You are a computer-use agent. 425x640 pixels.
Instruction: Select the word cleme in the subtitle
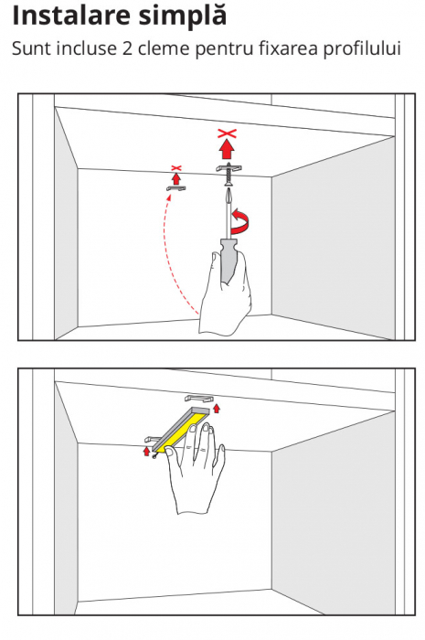[164, 48]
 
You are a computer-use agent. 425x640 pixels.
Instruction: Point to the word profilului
[362, 49]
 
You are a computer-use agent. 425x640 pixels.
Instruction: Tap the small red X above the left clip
[175, 167]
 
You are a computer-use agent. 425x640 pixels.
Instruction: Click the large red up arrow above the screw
[228, 149]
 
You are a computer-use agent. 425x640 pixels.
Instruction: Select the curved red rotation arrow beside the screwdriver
[241, 222]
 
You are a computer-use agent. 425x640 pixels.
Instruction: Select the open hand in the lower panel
[197, 469]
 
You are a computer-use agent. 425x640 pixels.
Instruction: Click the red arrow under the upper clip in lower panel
[217, 408]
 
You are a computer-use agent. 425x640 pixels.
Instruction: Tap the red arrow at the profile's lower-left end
[147, 452]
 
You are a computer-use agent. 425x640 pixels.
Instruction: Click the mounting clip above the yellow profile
[199, 398]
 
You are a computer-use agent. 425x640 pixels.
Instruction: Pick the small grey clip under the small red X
[176, 188]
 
